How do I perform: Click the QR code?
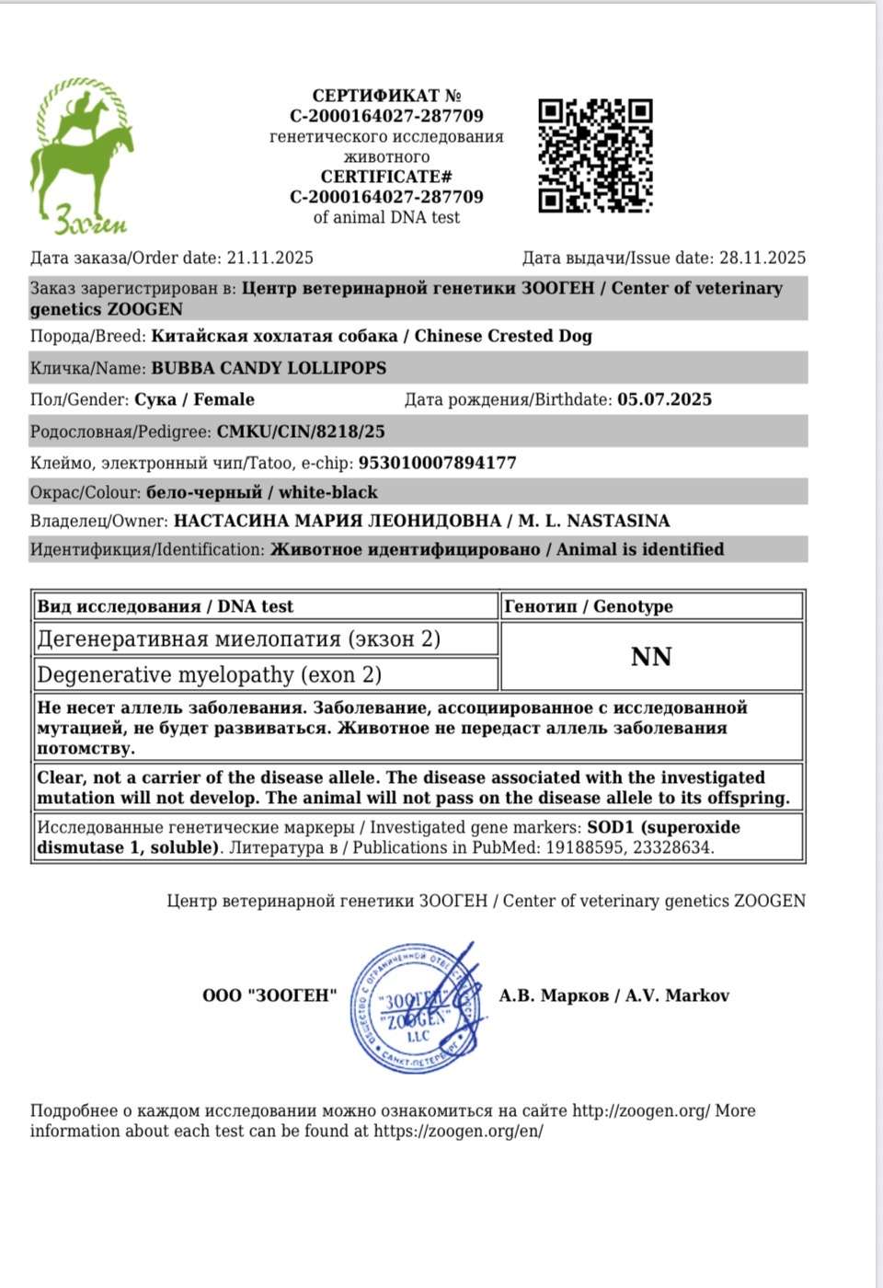pyautogui.click(x=595, y=155)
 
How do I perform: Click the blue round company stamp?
pyautogui.click(x=417, y=1007)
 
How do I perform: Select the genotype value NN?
pyautogui.click(x=651, y=657)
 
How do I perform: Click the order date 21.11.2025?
pyautogui.click(x=270, y=259)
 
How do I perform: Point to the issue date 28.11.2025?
pyautogui.click(x=763, y=259)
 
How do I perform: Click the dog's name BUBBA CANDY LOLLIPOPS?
pyautogui.click(x=269, y=368)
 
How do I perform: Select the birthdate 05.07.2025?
pyautogui.click(x=664, y=399)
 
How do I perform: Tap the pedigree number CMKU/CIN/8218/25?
pyautogui.click(x=301, y=431)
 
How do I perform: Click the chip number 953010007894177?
pyautogui.click(x=437, y=463)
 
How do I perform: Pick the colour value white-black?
pyautogui.click(x=328, y=492)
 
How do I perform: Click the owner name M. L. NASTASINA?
pyautogui.click(x=594, y=521)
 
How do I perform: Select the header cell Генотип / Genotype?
pyautogui.click(x=589, y=606)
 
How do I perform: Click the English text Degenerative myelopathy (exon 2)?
pyautogui.click(x=209, y=674)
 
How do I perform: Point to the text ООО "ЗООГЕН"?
pyautogui.click(x=269, y=995)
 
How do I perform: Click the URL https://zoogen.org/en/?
pyautogui.click(x=458, y=1131)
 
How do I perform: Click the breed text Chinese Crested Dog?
pyautogui.click(x=503, y=336)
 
